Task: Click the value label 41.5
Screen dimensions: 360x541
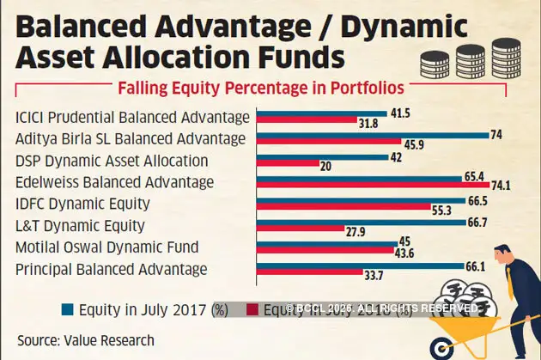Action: pos(399,113)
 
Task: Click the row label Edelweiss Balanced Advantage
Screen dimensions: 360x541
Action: pos(114,181)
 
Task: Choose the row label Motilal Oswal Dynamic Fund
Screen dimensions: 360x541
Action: pos(107,247)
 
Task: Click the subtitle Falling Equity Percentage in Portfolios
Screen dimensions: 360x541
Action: pos(260,87)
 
